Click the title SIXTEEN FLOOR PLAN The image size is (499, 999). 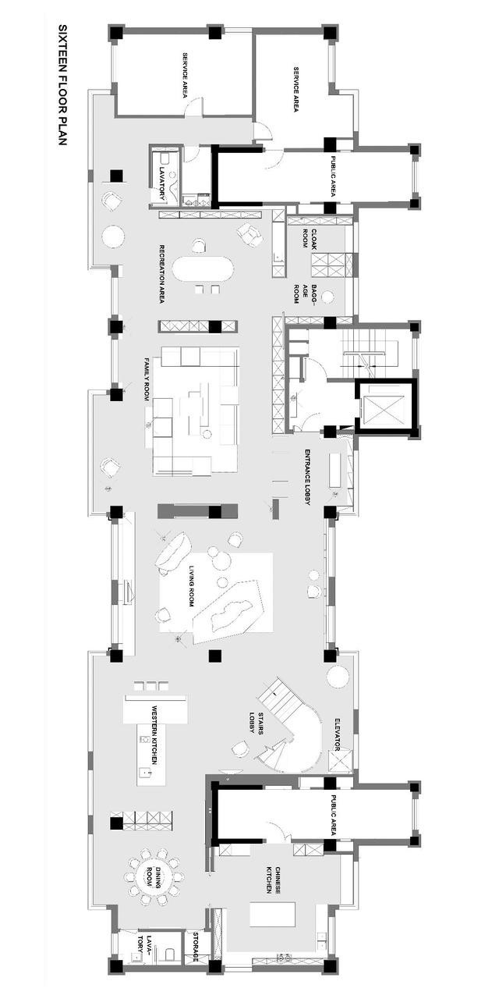[62, 85]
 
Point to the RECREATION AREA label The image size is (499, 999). [162, 274]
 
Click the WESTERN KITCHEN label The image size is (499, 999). [154, 741]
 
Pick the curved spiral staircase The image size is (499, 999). [292, 736]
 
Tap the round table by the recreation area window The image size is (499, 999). [113, 236]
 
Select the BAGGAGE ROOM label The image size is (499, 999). [306, 294]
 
